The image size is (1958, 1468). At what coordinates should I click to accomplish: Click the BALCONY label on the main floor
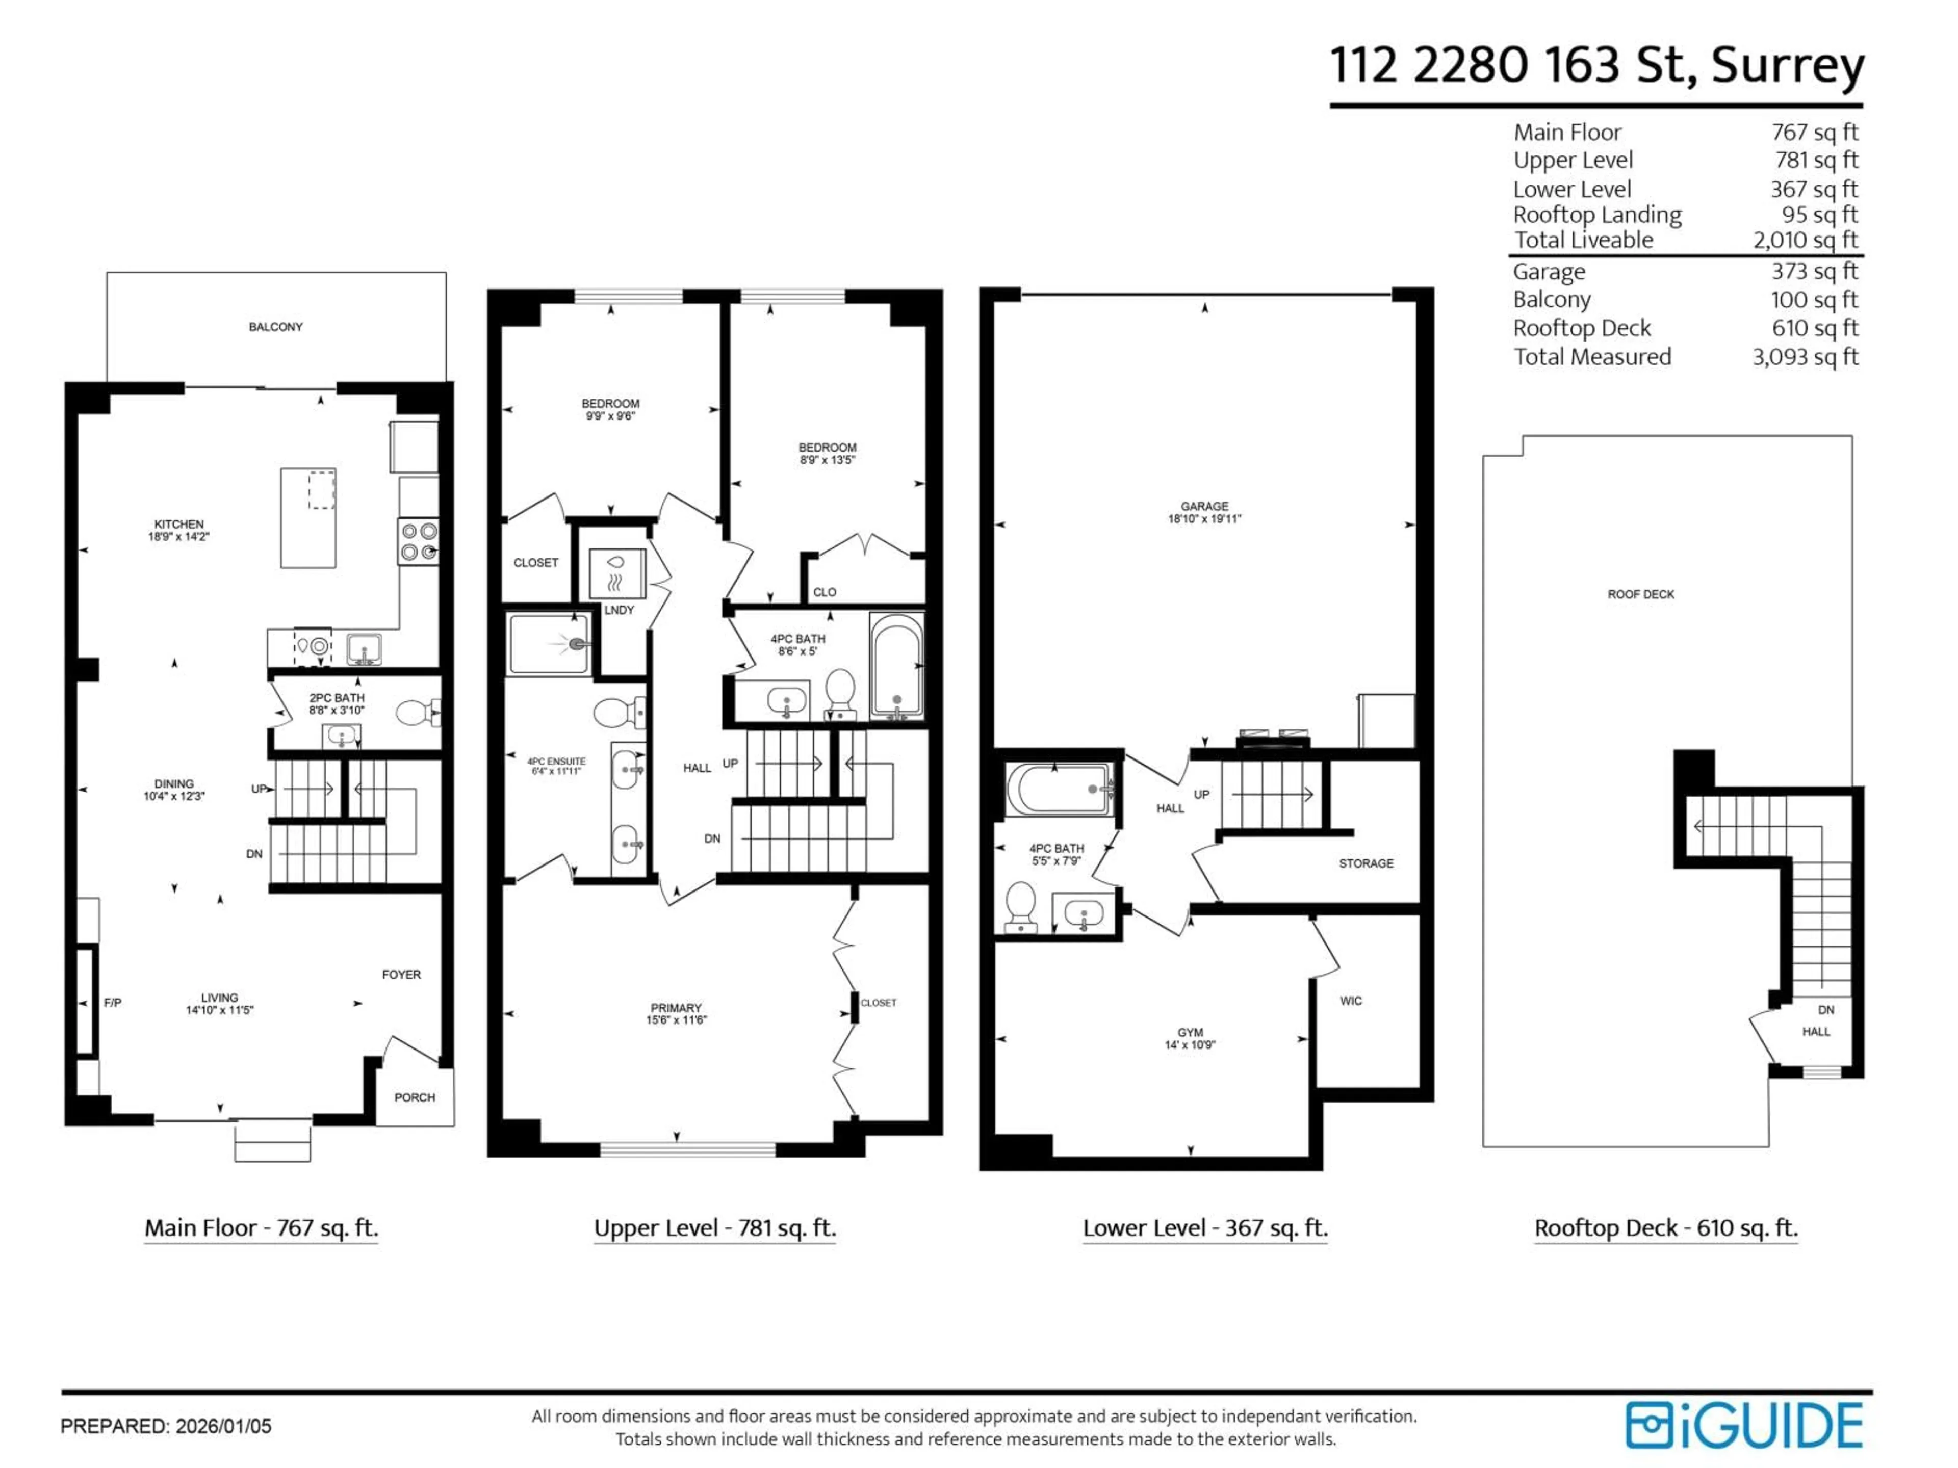[275, 327]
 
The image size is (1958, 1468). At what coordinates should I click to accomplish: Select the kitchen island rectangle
[308, 518]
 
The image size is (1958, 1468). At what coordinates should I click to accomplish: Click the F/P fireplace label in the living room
[112, 1003]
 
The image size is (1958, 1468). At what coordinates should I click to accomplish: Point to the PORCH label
[414, 1097]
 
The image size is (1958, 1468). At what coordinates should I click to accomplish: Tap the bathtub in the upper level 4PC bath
[897, 665]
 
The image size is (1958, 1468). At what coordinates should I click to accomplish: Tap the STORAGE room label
[1366, 863]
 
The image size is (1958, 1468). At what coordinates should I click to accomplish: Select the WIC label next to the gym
[1351, 1001]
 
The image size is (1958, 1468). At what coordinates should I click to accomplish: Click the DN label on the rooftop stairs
[1826, 1010]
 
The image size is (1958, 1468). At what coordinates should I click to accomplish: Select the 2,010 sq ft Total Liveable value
[1805, 240]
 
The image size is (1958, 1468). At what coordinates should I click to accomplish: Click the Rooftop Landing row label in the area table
[1597, 215]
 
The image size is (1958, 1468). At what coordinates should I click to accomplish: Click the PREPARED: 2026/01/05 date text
[166, 1426]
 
